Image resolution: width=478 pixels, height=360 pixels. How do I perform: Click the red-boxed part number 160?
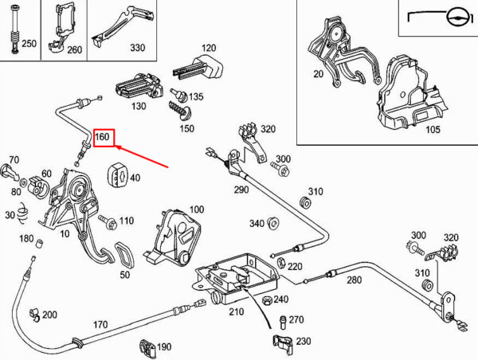tap(102, 136)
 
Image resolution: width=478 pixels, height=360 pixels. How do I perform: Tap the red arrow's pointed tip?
tap(116, 147)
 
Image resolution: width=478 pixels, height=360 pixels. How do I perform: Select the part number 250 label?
tap(29, 43)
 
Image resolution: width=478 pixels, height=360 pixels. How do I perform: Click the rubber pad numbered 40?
tap(116, 176)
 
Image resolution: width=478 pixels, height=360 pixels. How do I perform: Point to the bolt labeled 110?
tap(108, 222)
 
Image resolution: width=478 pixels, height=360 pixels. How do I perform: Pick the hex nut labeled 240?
tap(267, 300)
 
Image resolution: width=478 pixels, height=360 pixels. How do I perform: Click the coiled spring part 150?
tap(179, 111)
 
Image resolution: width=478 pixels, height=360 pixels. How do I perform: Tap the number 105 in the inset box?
tap(433, 129)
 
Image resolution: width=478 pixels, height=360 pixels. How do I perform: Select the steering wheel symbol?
tap(456, 18)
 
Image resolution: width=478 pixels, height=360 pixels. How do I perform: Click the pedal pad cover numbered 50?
tap(124, 254)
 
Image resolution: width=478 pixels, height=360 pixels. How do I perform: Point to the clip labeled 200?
tap(35, 315)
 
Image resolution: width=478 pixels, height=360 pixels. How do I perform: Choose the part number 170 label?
tap(100, 324)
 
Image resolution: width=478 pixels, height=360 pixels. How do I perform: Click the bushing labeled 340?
tap(273, 223)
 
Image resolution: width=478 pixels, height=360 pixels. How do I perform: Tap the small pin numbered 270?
tap(282, 322)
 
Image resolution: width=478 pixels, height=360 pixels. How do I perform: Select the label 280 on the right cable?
tap(354, 280)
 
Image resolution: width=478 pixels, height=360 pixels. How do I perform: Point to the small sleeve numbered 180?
tap(39, 245)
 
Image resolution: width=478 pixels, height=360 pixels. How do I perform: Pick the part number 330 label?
tap(138, 48)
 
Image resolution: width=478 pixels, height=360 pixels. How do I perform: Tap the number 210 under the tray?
tap(237, 311)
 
